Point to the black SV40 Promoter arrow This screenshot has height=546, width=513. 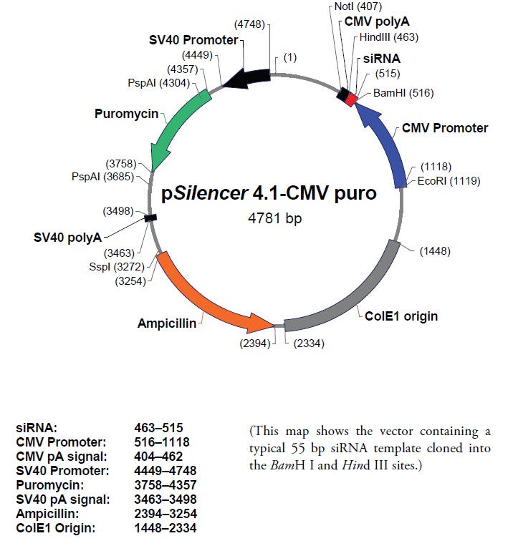[x=247, y=78]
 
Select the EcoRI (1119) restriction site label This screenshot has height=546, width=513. [x=449, y=180]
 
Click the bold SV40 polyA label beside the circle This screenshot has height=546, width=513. [x=67, y=236]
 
